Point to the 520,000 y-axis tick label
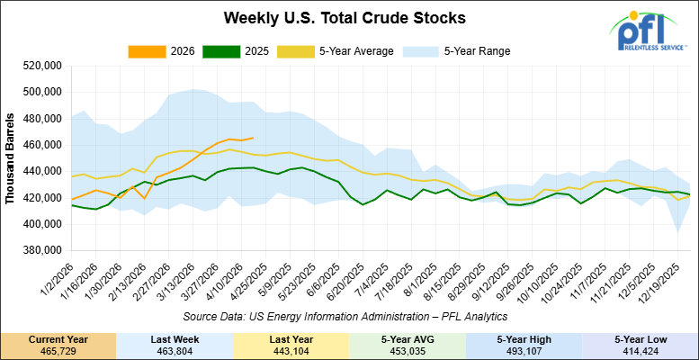(39, 66)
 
